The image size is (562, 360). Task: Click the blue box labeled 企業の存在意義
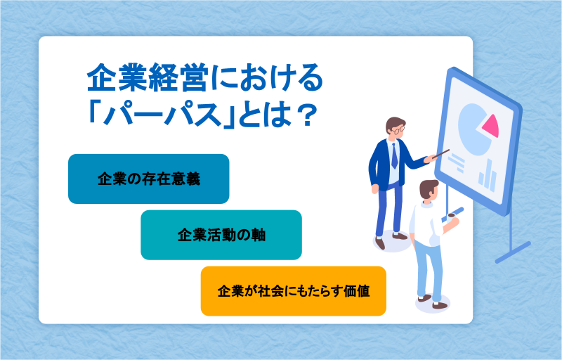(149, 179)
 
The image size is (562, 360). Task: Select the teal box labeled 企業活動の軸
(221, 235)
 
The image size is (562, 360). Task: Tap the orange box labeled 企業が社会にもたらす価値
(294, 291)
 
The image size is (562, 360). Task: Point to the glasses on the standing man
(398, 129)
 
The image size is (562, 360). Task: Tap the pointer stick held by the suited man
(440, 154)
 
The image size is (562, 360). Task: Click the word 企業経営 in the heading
(148, 78)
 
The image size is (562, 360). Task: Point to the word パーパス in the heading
(162, 115)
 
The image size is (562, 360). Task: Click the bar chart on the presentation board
(488, 176)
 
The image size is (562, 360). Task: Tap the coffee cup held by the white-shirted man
(451, 216)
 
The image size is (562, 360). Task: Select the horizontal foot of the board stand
(513, 252)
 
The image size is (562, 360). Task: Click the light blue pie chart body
(472, 130)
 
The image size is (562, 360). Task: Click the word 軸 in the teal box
(259, 236)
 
